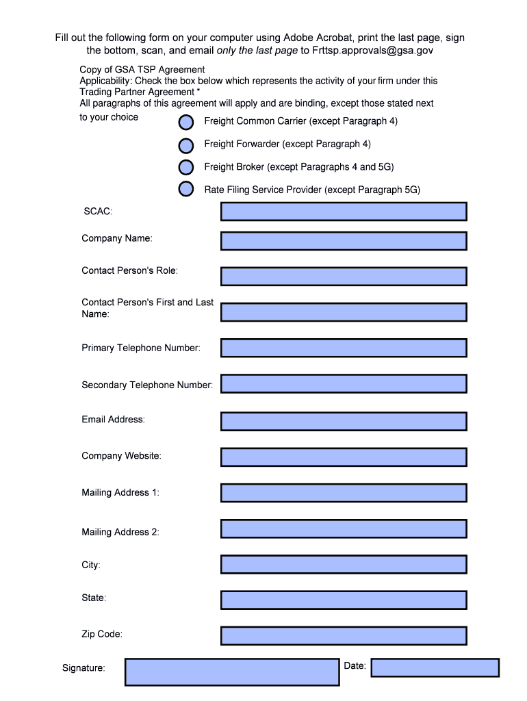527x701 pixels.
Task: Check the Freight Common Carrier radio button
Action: tap(186, 123)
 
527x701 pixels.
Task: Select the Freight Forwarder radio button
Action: tap(186, 145)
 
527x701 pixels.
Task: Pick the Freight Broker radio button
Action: tap(186, 167)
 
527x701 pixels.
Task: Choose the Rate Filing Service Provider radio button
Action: tap(186, 189)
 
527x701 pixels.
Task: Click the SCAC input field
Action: tap(344, 212)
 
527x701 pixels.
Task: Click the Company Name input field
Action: tap(344, 241)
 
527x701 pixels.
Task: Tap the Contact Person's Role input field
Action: tap(344, 276)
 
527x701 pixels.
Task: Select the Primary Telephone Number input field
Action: tap(344, 348)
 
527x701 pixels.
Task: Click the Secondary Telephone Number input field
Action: tap(344, 384)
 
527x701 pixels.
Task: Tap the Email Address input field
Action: tap(344, 421)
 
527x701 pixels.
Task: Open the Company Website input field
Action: tap(344, 457)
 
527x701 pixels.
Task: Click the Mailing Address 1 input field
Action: tap(344, 493)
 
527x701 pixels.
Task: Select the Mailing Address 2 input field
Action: tap(344, 528)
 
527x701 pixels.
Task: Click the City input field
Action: tap(344, 564)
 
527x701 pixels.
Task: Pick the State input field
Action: tap(344, 600)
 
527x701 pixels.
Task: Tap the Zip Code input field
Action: tap(344, 635)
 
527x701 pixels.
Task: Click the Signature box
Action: tap(232, 672)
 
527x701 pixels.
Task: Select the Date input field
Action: tap(435, 667)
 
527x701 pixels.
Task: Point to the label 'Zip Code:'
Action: tap(102, 635)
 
